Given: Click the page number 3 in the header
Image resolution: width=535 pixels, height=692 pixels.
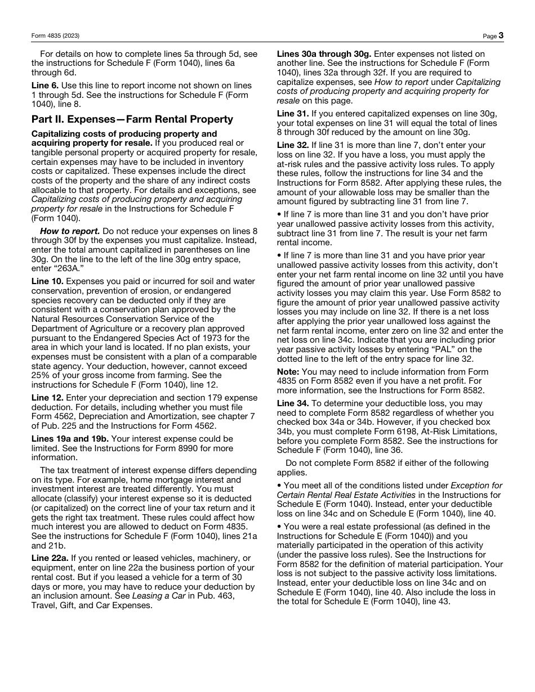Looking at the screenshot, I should (x=501, y=35).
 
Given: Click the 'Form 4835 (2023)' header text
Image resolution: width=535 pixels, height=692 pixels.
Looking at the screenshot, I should (x=55, y=36).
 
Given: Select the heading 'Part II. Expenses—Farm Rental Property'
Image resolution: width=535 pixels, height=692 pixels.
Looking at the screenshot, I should (x=132, y=119).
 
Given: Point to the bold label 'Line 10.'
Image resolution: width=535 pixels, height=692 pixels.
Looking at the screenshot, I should (x=47, y=281).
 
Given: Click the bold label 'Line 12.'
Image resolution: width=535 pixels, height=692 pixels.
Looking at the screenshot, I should (x=47, y=398).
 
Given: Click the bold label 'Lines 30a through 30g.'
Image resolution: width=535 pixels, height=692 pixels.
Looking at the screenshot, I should (x=324, y=54).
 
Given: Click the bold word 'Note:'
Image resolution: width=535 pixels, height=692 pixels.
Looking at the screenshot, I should (x=288, y=372).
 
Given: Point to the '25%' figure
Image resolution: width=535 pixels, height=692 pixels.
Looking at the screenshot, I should (x=41, y=375).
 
